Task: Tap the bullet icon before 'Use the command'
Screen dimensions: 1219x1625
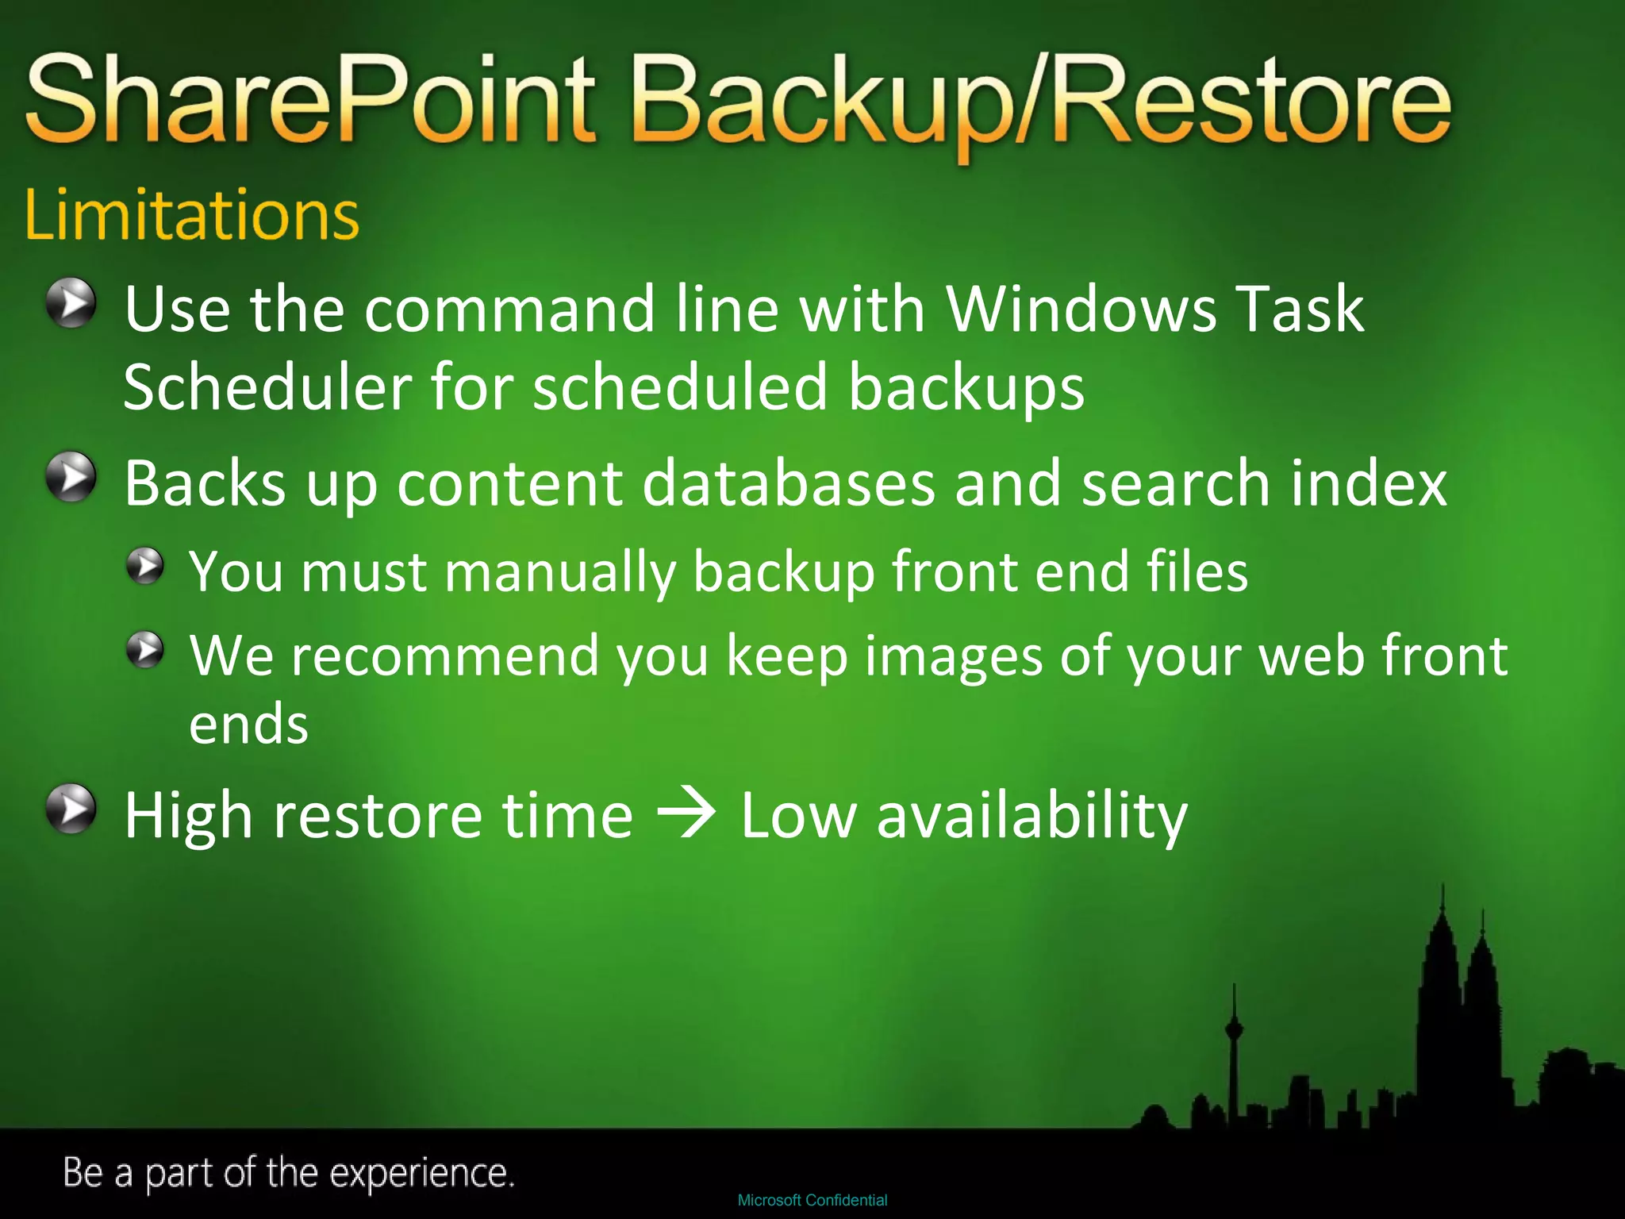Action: tap(71, 302)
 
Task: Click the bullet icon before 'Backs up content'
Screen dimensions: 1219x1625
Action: tap(71, 477)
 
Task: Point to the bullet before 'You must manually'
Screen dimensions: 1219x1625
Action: tap(145, 566)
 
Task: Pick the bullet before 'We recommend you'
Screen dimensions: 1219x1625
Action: tap(145, 650)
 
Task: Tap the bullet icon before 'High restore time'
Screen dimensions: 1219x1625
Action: tap(71, 809)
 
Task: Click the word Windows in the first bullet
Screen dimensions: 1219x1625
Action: tap(1082, 309)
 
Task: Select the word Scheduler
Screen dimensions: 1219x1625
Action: tap(267, 387)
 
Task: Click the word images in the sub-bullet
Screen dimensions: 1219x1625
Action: tap(952, 656)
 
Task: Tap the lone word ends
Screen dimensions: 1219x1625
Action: tap(248, 725)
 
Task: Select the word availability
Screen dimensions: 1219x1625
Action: tap(1031, 816)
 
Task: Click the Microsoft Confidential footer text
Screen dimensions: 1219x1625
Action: tap(812, 1200)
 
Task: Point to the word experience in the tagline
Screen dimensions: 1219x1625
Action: tap(421, 1173)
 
